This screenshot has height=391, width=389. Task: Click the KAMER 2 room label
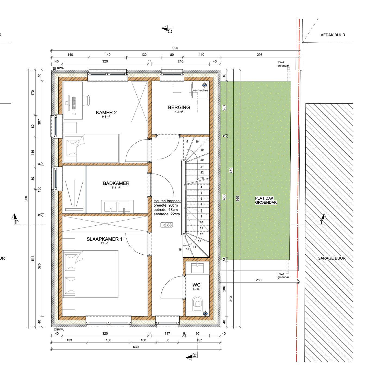click(106, 112)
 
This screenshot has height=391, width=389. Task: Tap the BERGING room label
click(179, 107)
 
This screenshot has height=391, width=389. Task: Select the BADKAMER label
click(116, 183)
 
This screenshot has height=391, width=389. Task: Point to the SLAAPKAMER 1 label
click(104, 239)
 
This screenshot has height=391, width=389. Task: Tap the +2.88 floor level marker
click(167, 225)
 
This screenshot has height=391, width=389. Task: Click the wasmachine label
click(200, 90)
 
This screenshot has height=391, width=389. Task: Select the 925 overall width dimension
click(175, 48)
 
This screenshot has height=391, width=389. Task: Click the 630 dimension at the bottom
click(136, 347)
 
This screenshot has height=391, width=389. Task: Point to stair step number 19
click(202, 150)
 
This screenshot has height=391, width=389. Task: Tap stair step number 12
click(201, 234)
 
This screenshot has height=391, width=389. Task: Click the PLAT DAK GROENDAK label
click(266, 200)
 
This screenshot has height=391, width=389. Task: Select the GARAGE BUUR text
click(331, 258)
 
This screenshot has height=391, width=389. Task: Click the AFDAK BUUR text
click(333, 35)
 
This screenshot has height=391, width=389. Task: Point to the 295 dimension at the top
click(259, 55)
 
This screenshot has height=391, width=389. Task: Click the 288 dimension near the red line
click(258, 280)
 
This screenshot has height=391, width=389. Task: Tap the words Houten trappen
click(167, 201)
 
